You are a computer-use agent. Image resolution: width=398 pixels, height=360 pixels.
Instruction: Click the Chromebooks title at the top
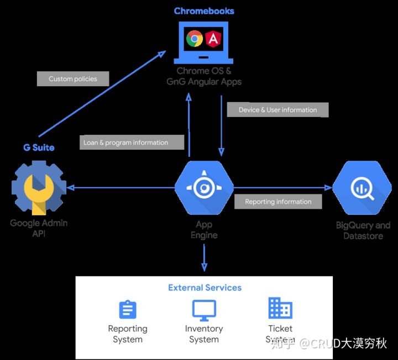[204, 11]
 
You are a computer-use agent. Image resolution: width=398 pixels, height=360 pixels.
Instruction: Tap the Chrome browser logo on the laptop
[195, 38]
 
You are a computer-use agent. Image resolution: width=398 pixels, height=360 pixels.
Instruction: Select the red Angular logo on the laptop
[213, 38]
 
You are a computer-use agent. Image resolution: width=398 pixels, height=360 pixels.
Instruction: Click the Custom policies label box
[73, 79]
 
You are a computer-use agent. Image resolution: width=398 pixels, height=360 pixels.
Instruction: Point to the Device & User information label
[277, 110]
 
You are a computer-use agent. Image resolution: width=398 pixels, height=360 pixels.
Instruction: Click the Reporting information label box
[278, 202]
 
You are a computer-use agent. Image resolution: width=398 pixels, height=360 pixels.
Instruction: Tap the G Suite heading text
[39, 147]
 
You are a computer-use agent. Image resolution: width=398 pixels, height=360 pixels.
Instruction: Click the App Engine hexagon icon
[204, 188]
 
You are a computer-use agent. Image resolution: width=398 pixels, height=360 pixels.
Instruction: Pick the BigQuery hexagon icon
[363, 188]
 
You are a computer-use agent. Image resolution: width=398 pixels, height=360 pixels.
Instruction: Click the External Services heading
[205, 288]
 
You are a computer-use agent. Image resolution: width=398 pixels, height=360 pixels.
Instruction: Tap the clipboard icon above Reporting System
[128, 310]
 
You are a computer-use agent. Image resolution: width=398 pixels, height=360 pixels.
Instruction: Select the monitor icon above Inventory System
[204, 310]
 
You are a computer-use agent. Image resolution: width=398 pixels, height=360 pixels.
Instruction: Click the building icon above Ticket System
[280, 308]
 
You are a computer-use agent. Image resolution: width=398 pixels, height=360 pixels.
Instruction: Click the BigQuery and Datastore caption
[363, 230]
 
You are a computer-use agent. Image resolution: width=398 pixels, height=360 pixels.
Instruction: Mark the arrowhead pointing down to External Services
[205, 267]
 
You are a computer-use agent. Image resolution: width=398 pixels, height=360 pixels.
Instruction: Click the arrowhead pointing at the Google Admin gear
[71, 188]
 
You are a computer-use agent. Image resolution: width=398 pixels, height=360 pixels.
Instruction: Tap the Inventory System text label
[204, 334]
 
